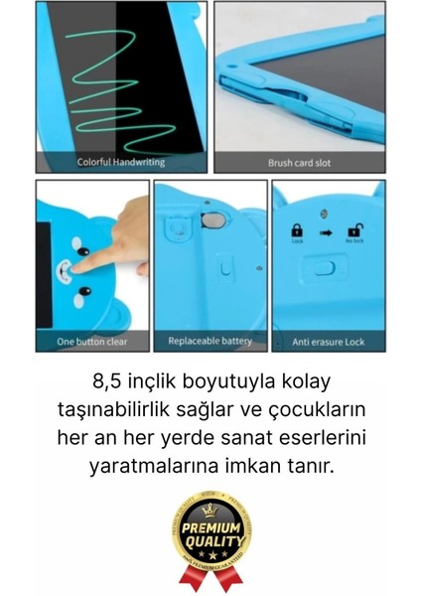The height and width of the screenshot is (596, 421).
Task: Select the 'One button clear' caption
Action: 91,343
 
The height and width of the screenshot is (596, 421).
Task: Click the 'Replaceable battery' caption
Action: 210,342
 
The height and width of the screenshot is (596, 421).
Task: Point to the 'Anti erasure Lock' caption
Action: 328,343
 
